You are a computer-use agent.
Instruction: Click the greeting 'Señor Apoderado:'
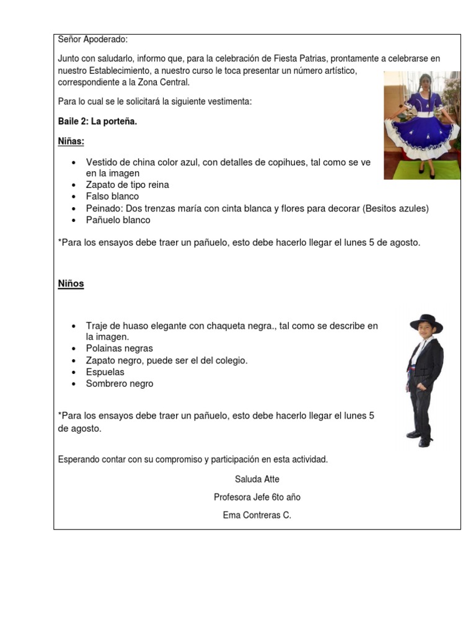pyautogui.click(x=93, y=40)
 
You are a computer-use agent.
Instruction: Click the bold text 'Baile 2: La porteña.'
pyautogui.click(x=97, y=122)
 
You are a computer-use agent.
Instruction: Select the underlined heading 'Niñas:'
pyautogui.click(x=71, y=141)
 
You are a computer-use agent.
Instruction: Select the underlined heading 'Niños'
pyautogui.click(x=71, y=284)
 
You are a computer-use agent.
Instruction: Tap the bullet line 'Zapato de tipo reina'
pyautogui.click(x=127, y=185)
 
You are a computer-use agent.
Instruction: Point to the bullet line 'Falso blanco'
pyautogui.click(x=112, y=197)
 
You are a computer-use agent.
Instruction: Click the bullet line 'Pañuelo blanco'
pyautogui.click(x=118, y=220)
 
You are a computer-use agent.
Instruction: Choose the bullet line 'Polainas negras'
pyautogui.click(x=119, y=349)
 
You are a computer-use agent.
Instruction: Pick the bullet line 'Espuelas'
pyautogui.click(x=105, y=372)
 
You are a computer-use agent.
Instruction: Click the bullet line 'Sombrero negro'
pyautogui.click(x=120, y=384)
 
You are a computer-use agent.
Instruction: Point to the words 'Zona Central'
pyautogui.click(x=164, y=82)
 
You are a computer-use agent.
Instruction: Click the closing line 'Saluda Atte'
pyautogui.click(x=257, y=479)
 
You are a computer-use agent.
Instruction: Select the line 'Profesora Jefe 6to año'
pyautogui.click(x=257, y=497)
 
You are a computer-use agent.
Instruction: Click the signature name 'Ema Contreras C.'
pyautogui.click(x=257, y=515)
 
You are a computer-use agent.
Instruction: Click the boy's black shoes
pyautogui.click(x=420, y=438)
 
